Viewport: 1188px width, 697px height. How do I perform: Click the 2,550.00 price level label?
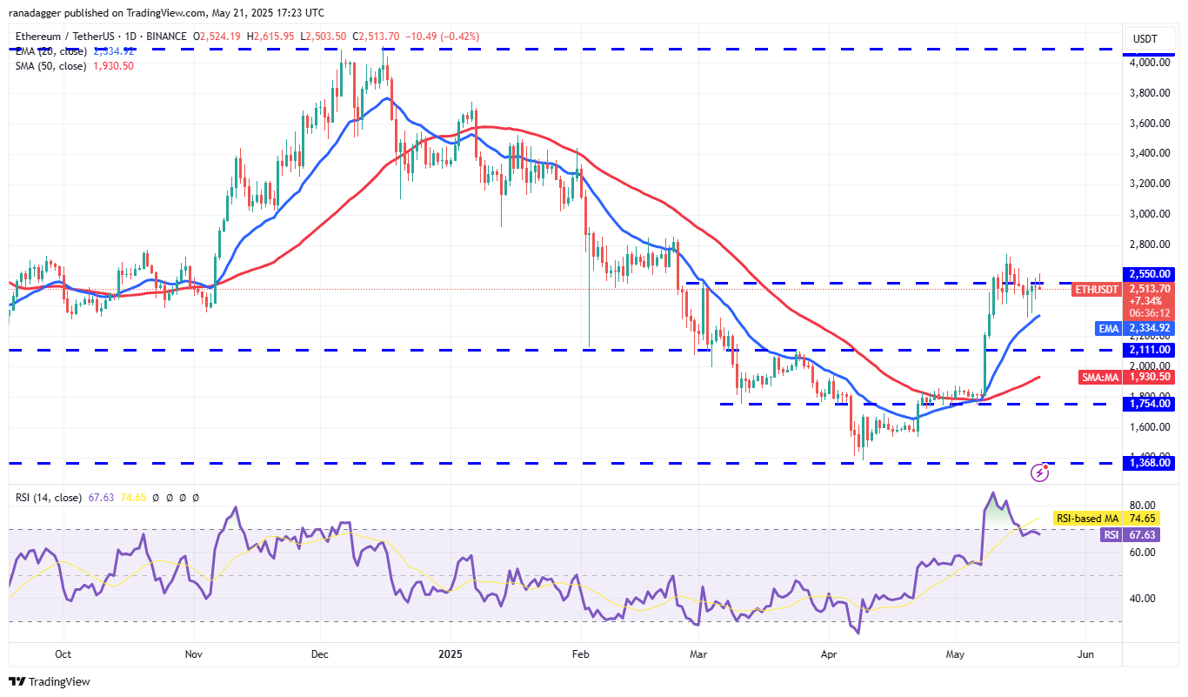(1150, 273)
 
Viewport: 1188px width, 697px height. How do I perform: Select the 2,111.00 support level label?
(1150, 350)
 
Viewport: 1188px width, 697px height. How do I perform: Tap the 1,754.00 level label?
(1150, 404)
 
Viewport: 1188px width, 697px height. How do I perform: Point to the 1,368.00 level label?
(1150, 463)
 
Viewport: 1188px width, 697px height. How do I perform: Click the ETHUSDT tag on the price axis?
(1098, 289)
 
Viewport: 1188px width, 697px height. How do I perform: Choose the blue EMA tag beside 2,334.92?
(1107, 328)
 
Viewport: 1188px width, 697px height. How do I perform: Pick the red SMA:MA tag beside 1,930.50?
(1100, 377)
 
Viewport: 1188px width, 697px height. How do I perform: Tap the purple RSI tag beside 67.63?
(1111, 535)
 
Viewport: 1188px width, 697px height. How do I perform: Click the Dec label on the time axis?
(319, 653)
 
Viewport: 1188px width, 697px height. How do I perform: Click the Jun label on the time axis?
(1085, 653)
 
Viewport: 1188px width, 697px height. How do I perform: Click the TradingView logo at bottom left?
(50, 681)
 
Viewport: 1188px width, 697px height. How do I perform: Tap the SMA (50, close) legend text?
(50, 66)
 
